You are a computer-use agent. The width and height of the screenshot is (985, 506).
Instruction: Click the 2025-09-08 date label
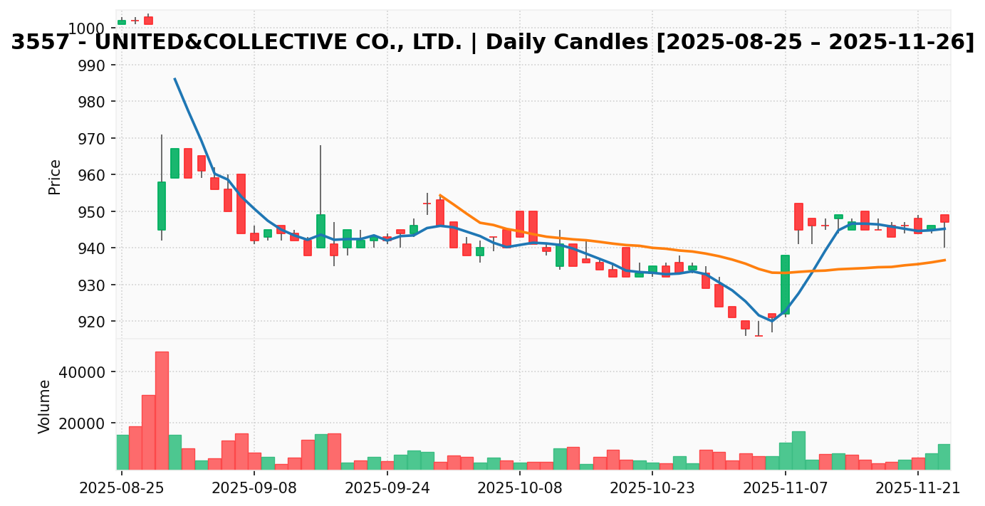[x=254, y=488]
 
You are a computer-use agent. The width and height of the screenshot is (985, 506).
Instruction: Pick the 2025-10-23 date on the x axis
[x=652, y=488]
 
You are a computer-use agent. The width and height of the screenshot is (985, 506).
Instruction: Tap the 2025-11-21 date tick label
[x=917, y=488]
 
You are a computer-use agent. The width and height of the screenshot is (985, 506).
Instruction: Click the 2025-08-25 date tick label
[x=122, y=488]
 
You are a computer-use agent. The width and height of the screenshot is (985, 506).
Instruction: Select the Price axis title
[x=55, y=176]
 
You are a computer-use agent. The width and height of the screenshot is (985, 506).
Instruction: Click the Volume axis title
[x=45, y=406]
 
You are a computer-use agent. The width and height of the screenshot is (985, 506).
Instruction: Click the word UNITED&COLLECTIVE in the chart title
[x=278, y=43]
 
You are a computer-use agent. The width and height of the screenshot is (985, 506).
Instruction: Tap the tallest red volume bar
[x=162, y=410]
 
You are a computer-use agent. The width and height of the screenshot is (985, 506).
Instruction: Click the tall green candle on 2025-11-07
[x=785, y=284]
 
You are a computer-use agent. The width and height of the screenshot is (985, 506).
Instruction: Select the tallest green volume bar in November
[x=798, y=450]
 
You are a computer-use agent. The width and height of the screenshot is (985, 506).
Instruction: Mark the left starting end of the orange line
[x=440, y=194]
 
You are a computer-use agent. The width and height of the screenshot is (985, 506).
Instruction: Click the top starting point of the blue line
[x=174, y=78]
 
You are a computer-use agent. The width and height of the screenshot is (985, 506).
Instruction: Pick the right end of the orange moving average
[x=945, y=260]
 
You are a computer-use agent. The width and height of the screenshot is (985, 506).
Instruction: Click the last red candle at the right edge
[x=944, y=218]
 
